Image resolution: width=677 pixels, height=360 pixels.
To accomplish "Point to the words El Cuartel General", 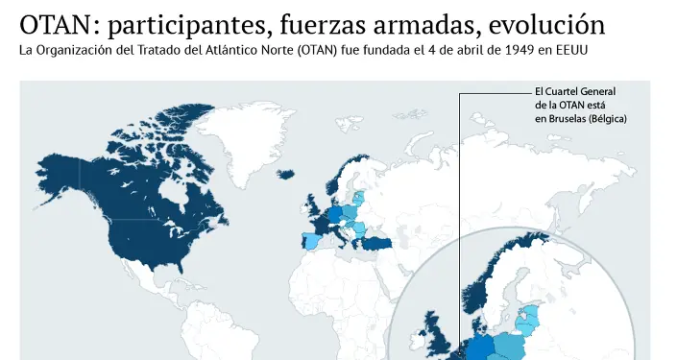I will tap(574, 91).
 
